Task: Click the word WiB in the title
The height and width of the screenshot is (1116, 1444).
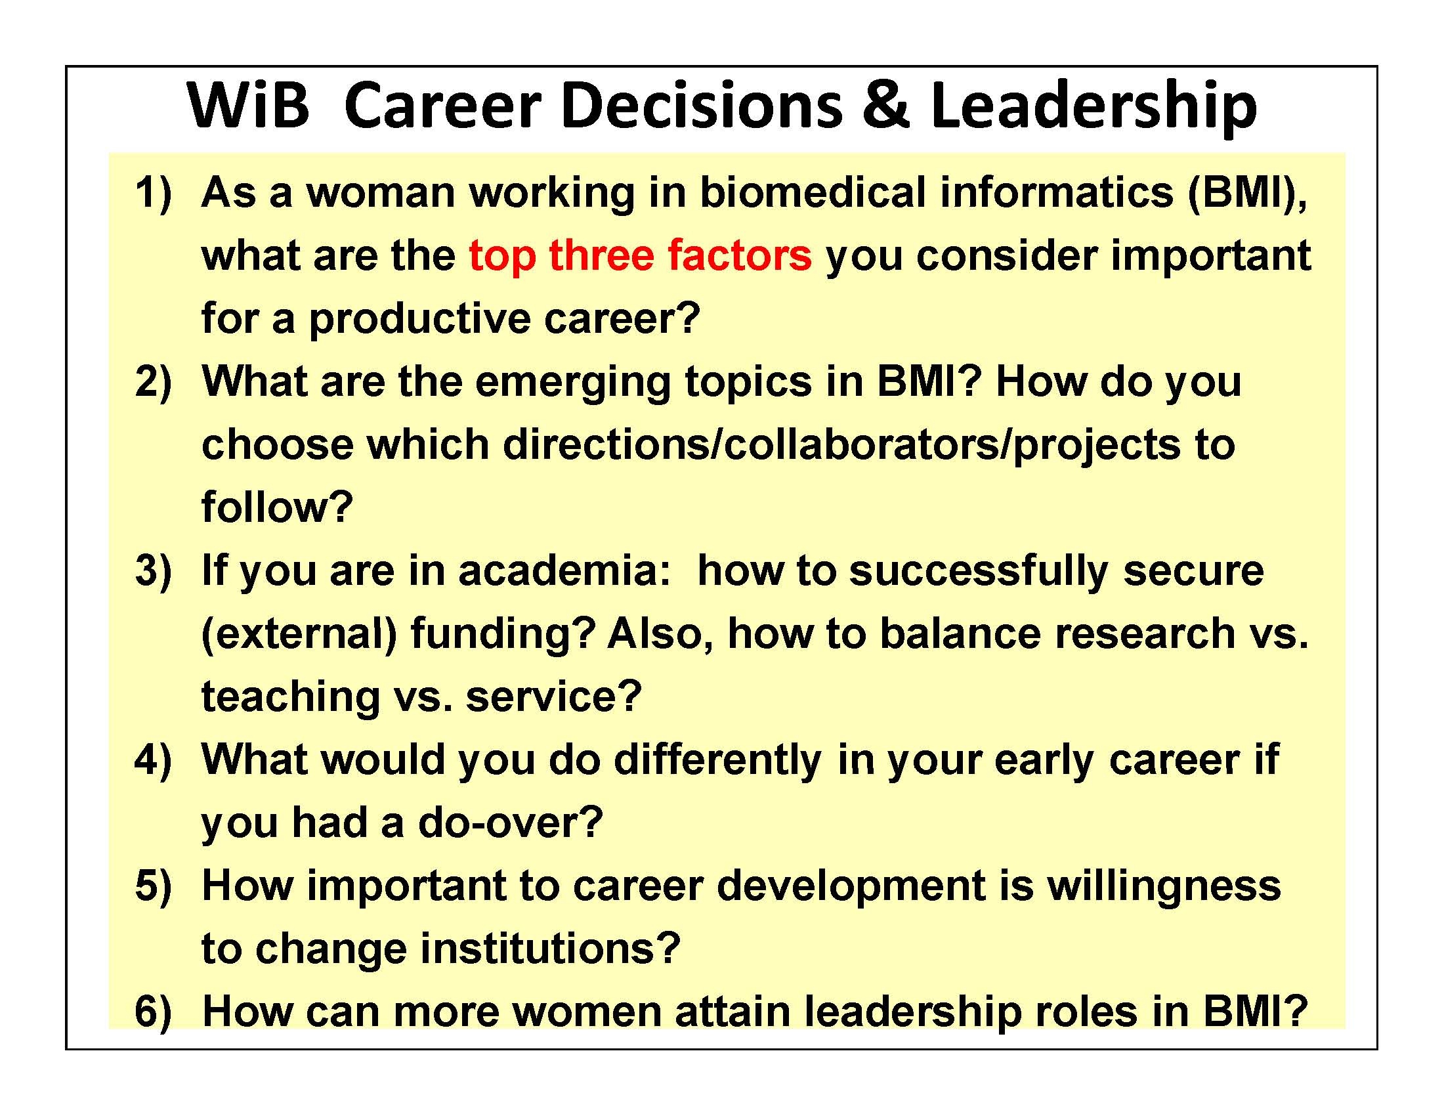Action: [x=248, y=106]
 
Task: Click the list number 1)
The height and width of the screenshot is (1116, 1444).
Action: [x=153, y=193]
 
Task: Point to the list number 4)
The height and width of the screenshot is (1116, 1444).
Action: [x=153, y=759]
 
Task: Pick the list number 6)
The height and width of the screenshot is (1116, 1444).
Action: [x=153, y=1011]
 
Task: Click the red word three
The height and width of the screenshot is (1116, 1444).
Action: [x=601, y=255]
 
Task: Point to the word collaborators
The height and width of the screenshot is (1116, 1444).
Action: [x=862, y=444]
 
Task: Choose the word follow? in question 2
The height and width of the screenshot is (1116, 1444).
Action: [x=277, y=507]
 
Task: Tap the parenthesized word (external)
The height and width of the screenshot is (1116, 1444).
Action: [x=299, y=634]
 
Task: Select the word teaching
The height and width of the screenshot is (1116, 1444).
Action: [x=290, y=697]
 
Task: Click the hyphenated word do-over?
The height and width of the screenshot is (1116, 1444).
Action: [x=511, y=823]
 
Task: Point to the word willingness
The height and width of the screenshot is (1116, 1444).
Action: [x=1164, y=887]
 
